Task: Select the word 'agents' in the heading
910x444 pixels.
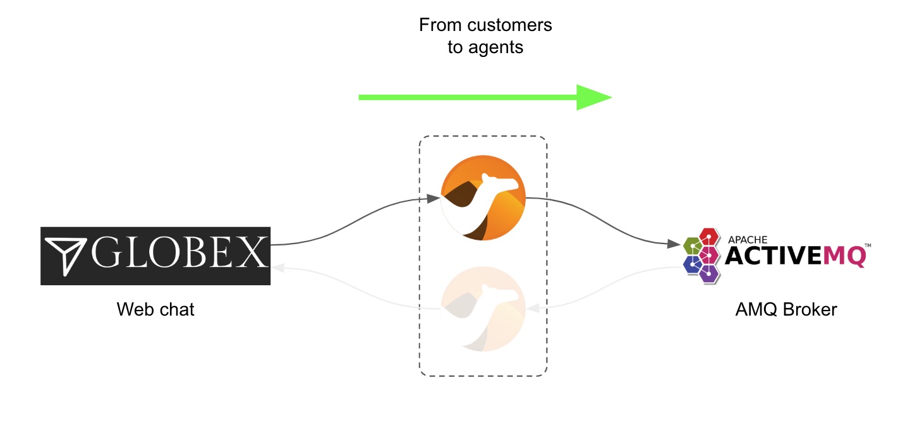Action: click(495, 48)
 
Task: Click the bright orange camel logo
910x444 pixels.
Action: click(483, 197)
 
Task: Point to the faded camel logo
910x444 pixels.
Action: click(483, 309)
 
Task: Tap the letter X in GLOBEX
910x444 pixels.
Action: click(252, 253)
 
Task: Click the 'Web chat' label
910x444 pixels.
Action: click(155, 309)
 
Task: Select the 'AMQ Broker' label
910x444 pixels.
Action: click(786, 309)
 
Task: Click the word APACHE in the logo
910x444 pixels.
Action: click(748, 240)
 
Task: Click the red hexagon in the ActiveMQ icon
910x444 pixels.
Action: click(709, 237)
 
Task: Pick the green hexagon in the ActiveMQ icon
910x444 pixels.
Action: click(692, 246)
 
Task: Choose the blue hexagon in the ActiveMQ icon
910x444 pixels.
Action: click(692, 264)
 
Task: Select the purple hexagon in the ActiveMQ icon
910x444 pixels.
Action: click(709, 274)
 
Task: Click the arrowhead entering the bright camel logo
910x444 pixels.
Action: click(434, 199)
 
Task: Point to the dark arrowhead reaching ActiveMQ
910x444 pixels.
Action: click(674, 244)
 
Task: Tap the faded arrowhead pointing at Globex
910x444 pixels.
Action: click(277, 268)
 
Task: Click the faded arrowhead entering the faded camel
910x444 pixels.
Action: click(533, 309)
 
